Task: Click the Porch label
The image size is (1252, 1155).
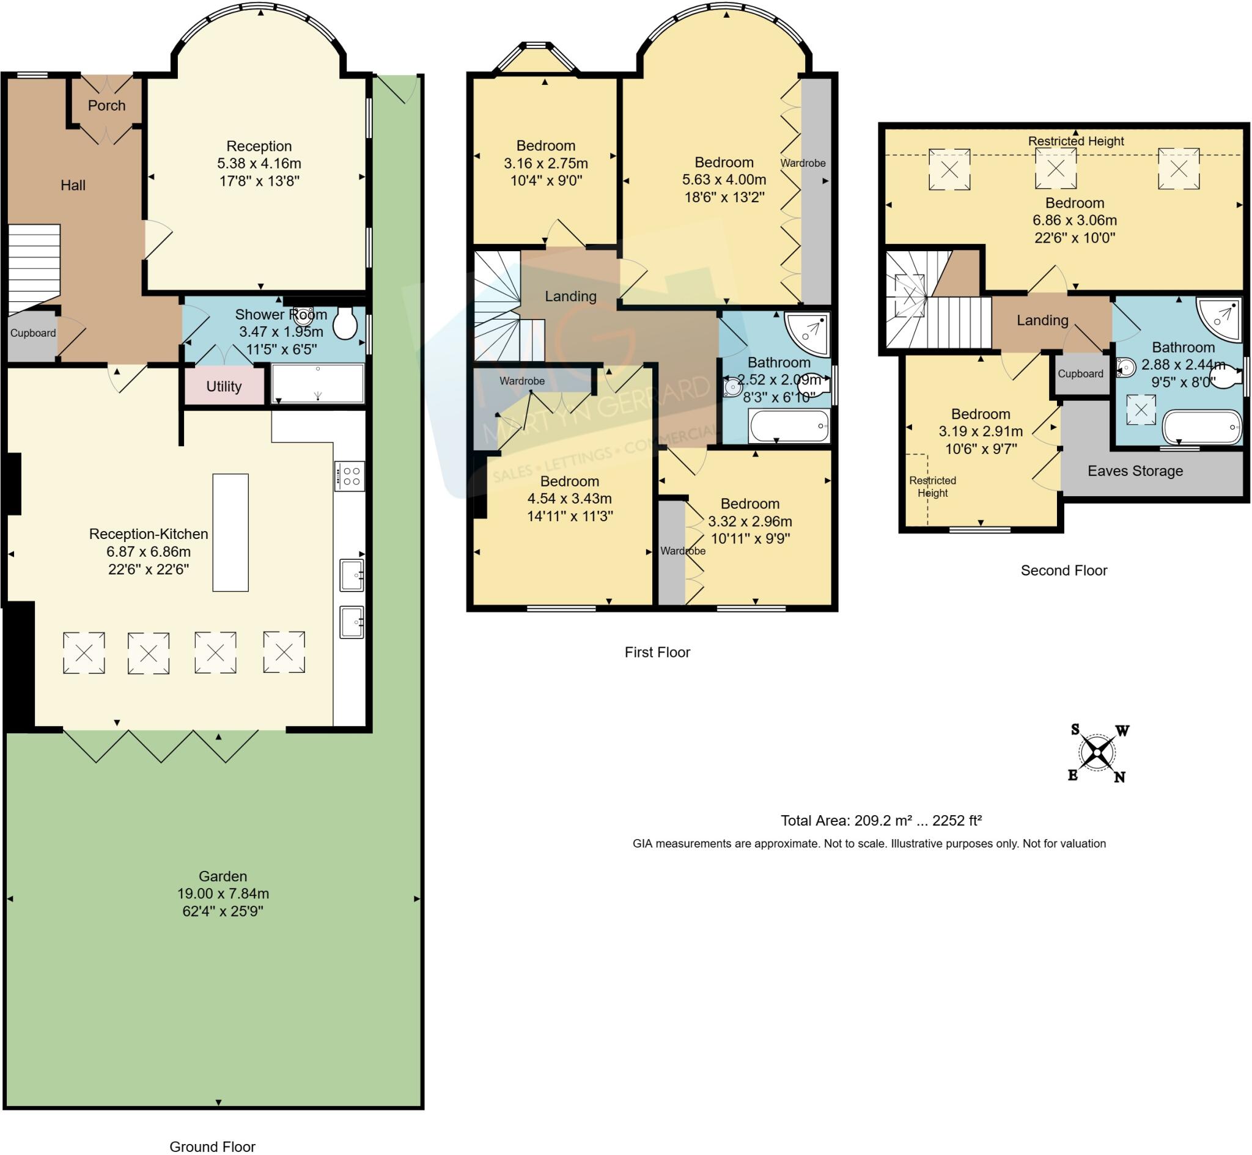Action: pos(106,106)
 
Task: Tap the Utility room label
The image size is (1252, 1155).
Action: pos(224,387)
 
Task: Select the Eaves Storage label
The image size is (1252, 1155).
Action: pos(1135,471)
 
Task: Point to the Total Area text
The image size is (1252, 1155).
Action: pos(881,821)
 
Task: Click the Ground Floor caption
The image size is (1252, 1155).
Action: pos(213,1146)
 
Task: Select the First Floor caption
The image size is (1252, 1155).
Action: pos(657,653)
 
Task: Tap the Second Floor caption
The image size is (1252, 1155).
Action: pos(1064,571)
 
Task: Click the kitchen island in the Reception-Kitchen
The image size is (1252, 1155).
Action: pos(230,532)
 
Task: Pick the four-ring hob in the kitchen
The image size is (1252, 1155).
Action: pos(350,475)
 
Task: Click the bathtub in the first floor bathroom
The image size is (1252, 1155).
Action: pos(789,427)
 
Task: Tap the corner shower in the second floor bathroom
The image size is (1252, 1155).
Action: pos(1219,320)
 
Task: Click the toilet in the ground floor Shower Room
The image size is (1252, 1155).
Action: pos(345,323)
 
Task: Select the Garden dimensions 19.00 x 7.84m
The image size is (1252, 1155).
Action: pos(223,893)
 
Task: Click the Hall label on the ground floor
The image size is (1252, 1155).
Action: pos(73,186)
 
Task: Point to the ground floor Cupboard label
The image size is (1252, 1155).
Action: pos(33,333)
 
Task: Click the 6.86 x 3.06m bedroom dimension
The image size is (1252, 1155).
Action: pos(1075,221)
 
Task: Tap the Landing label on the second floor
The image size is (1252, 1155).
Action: pos(1042,321)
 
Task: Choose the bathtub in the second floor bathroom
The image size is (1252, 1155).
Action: pos(1202,427)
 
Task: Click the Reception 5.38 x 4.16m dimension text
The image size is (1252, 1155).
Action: pos(259,164)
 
